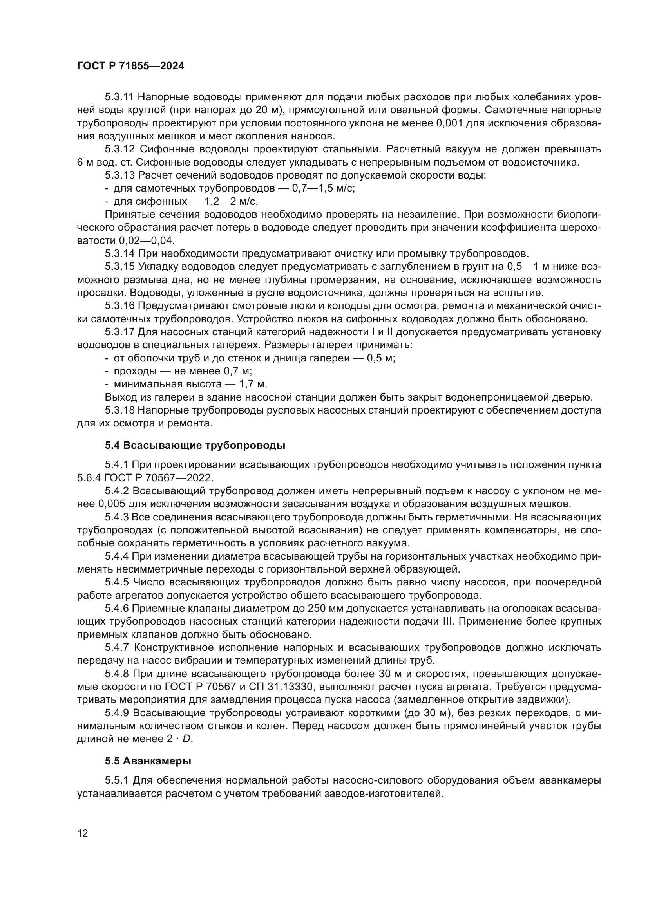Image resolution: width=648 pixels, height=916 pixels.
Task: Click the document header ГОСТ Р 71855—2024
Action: [x=130, y=66]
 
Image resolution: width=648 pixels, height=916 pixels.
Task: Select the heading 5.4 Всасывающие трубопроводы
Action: [x=195, y=446]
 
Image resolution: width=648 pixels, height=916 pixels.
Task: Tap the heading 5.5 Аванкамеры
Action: [x=148, y=761]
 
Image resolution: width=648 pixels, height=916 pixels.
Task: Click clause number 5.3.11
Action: [x=120, y=97]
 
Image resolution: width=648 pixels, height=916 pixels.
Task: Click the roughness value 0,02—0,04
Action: [x=147, y=240]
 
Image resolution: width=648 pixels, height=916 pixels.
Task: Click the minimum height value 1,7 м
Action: [x=253, y=384]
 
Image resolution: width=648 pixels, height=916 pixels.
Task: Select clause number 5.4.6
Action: [x=117, y=609]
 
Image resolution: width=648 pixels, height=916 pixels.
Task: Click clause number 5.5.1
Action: [x=117, y=780]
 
